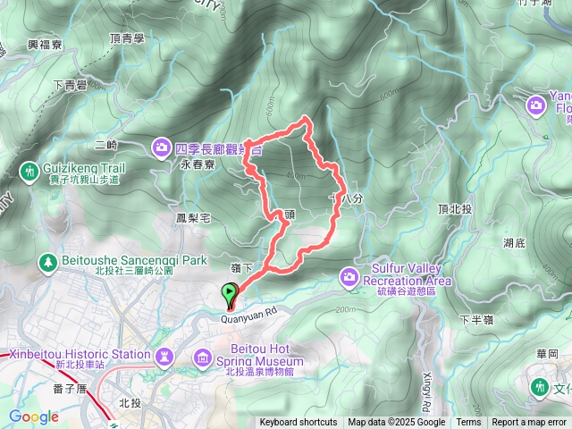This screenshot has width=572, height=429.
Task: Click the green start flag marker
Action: click(230, 292)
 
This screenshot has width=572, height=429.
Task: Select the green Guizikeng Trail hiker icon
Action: click(29, 169)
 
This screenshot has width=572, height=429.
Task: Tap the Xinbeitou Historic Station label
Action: click(80, 355)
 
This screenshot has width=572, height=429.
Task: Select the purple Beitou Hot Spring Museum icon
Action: click(203, 359)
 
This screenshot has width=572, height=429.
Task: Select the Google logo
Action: click(33, 416)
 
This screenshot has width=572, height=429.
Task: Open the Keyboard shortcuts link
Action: click(299, 423)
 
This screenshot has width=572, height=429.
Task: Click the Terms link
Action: click(468, 423)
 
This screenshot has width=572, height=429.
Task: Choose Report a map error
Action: click(530, 423)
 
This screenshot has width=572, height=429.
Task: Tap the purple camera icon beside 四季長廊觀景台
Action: click(162, 146)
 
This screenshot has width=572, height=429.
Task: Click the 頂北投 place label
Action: click(454, 208)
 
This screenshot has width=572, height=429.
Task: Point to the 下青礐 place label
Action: click(69, 85)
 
